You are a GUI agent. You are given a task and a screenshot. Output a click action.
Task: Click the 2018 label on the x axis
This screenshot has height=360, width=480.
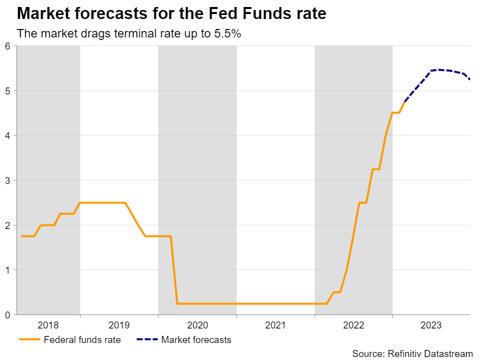pos(48,325)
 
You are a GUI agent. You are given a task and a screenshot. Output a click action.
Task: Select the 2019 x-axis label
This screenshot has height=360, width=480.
pos(119,325)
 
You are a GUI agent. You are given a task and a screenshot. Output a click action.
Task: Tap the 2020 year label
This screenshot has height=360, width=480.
pos(197,325)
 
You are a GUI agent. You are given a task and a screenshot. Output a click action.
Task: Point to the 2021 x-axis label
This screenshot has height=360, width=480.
pos(275,325)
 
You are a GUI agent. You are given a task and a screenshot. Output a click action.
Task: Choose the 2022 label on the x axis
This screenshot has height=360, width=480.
pos(353,325)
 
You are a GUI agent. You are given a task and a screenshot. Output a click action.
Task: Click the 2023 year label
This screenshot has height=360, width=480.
pos(431,325)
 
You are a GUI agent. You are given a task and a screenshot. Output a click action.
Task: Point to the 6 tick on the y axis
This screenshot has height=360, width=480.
pos(7,46)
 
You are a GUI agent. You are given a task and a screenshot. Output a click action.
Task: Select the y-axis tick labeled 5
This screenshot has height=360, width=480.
pos(7,91)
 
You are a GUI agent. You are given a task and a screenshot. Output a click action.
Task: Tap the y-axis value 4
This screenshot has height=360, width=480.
pos(7,135)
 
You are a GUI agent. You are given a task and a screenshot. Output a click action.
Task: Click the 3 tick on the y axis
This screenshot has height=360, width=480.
pos(7,180)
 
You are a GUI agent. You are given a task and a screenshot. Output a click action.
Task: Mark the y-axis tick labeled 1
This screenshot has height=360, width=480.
pos(7,270)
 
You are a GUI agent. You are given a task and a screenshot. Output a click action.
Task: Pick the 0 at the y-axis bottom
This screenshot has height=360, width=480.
pos(7,314)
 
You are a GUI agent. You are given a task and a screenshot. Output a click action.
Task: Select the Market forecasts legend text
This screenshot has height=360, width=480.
pos(196,340)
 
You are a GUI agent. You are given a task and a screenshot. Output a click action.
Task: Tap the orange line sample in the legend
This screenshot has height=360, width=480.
pos(29,340)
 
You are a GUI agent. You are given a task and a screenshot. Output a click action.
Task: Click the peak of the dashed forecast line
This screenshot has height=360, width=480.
pos(438,69)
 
